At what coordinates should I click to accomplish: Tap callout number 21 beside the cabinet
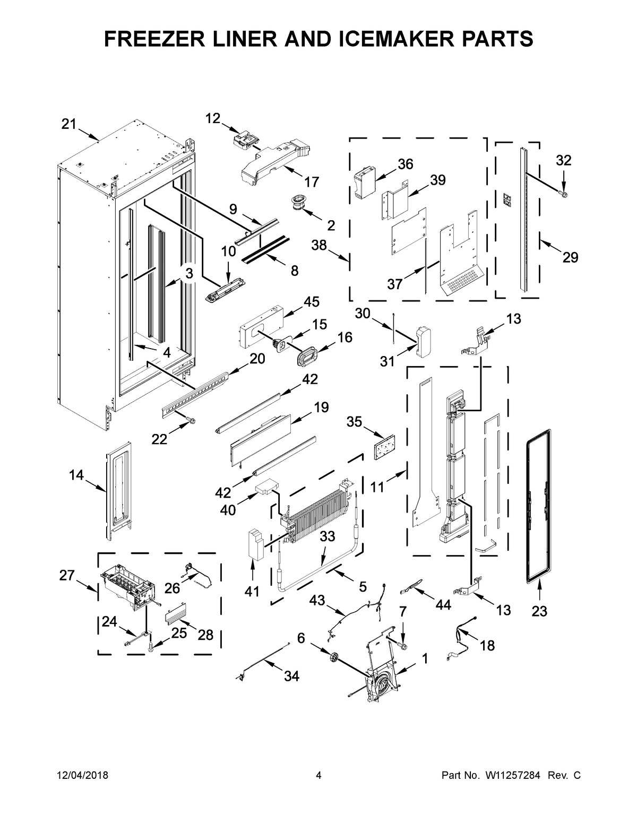68,124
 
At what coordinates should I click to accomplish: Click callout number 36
405,164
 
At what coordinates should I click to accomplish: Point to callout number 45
312,302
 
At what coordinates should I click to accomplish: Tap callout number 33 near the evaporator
328,536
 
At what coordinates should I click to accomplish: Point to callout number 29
571,257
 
